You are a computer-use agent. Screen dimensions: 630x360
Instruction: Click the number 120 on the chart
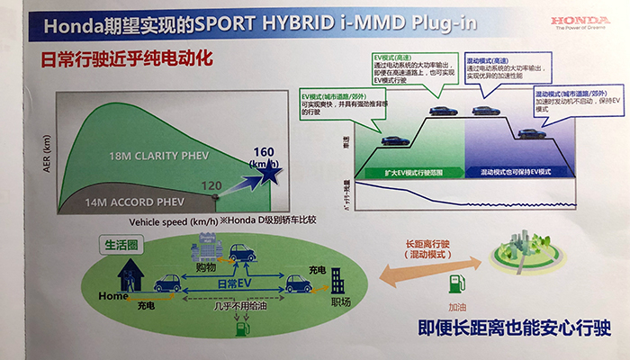click(210, 184)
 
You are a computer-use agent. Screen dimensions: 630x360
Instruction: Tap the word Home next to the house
click(113, 294)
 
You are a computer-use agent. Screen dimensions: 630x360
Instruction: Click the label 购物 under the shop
click(207, 266)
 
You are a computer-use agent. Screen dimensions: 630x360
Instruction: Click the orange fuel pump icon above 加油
click(458, 283)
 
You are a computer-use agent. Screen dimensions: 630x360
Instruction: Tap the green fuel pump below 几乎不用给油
click(240, 327)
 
